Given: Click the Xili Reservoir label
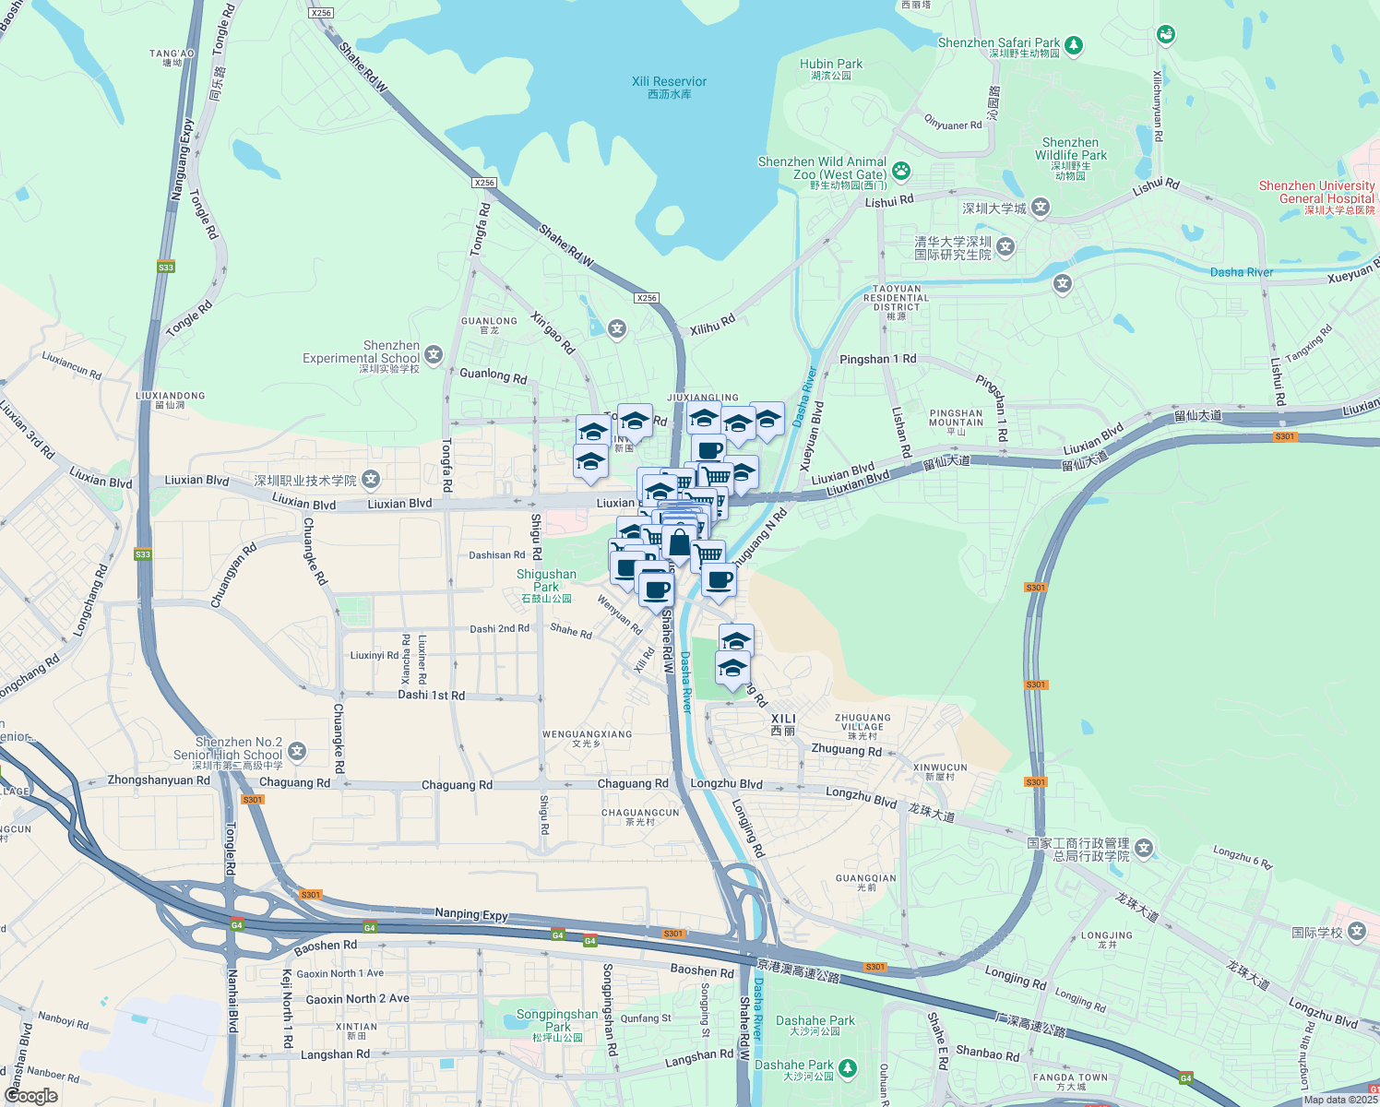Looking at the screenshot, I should click(x=669, y=87).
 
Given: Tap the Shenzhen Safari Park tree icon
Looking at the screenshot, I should click(x=1073, y=44).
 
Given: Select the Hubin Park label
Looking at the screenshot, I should click(x=831, y=68).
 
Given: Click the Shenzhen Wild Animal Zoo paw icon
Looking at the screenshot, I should click(x=901, y=171).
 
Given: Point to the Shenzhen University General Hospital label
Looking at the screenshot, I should click(x=1316, y=196).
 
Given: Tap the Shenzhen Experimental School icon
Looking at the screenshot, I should click(x=434, y=355).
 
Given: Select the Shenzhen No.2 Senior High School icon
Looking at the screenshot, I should click(x=296, y=752).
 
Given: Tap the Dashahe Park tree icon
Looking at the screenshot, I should click(x=847, y=1068).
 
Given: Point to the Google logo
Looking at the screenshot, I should click(x=30, y=1096).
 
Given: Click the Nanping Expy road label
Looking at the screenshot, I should click(x=470, y=914).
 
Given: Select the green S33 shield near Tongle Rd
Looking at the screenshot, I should click(x=165, y=268).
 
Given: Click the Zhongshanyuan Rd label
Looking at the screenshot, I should click(x=158, y=780).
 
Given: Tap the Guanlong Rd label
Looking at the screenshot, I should click(x=493, y=375).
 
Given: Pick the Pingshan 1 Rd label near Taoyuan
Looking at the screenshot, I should click(x=877, y=359).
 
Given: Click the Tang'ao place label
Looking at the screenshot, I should click(x=172, y=57).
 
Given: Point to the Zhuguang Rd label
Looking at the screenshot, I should click(x=846, y=750).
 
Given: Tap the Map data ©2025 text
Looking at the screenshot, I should click(x=1340, y=1100).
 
